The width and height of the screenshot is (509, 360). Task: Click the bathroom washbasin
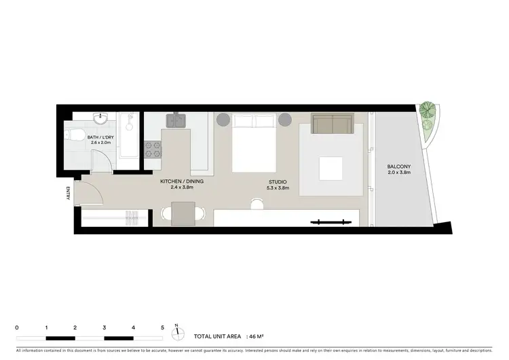(x=100, y=119)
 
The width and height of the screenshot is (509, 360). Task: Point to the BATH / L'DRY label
(x=101, y=137)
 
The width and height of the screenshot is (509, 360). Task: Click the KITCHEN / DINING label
(x=182, y=181)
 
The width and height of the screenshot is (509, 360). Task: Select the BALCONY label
(x=398, y=166)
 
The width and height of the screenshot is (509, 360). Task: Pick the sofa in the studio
(x=331, y=124)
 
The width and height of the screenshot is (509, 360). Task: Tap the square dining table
(x=183, y=215)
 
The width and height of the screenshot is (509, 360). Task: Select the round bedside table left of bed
(x=223, y=120)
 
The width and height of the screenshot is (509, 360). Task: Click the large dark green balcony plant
(x=427, y=109)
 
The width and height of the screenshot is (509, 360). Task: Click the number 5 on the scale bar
(x=163, y=327)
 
